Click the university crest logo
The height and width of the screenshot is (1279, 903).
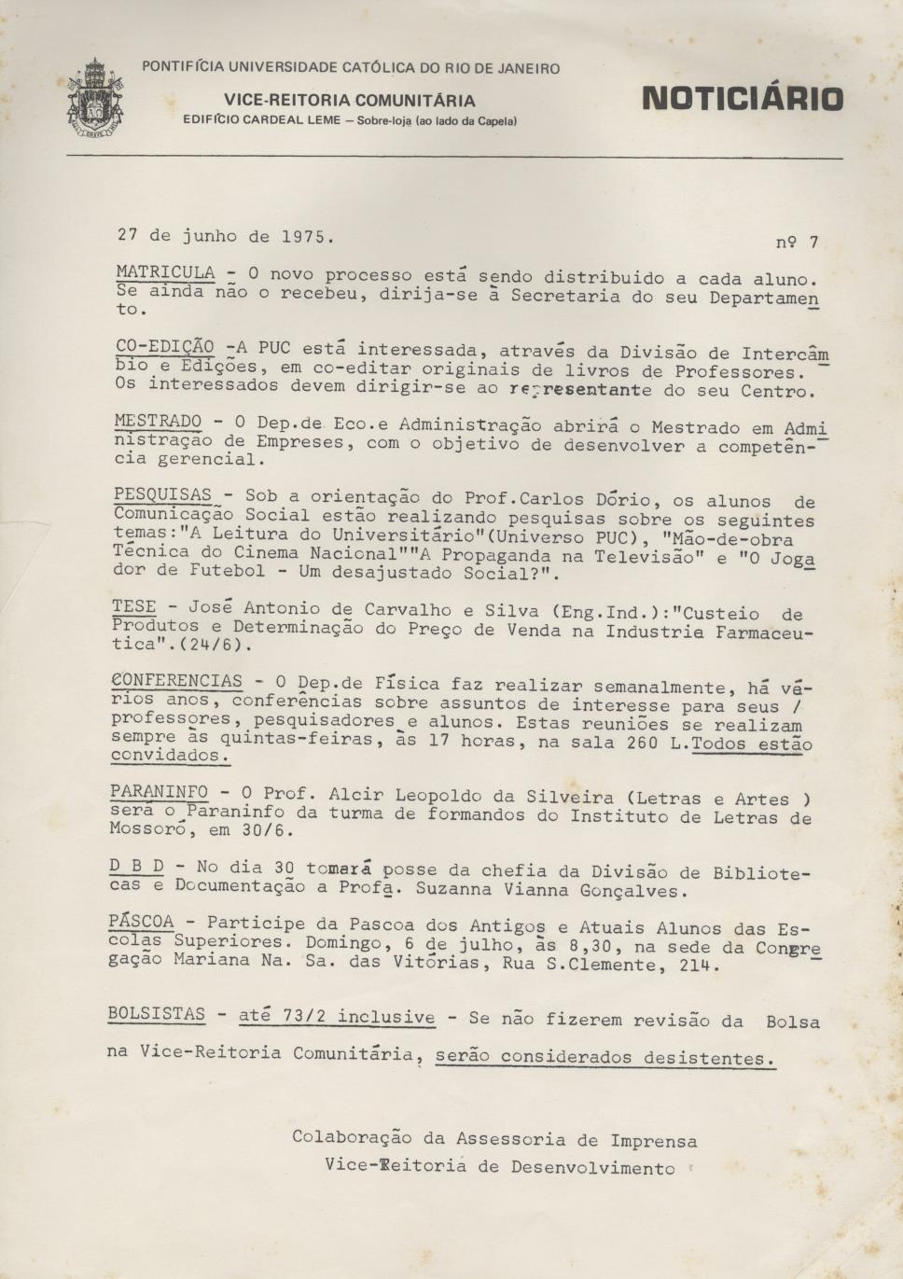[95, 98]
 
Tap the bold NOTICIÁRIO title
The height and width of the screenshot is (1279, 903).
[743, 99]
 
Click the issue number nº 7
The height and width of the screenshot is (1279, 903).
[797, 243]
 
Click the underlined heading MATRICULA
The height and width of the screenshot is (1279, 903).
[165, 272]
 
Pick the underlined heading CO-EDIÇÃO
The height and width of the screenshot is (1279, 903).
[164, 346]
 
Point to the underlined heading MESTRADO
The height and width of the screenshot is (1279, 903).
[158, 422]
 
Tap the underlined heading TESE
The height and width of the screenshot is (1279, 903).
[134, 606]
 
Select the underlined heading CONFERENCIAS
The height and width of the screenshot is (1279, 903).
[176, 681]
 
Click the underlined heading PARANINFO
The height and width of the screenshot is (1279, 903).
[159, 792]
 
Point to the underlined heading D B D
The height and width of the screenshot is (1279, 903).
[136, 867]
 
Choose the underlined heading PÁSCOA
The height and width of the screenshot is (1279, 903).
[141, 922]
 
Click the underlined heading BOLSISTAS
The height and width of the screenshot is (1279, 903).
[156, 1013]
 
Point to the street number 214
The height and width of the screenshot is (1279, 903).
[701, 966]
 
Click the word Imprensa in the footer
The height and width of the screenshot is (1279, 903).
[653, 1140]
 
